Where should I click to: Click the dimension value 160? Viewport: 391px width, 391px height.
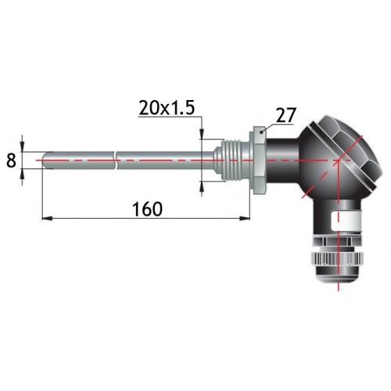pos(148,209)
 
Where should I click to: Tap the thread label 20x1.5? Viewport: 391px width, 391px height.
pos(167,108)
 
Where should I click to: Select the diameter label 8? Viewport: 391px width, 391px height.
pos(11,160)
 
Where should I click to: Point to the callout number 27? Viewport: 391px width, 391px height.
pos(286,115)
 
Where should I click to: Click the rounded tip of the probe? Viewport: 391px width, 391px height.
pos(45,160)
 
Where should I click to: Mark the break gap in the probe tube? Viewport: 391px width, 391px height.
pos(116,160)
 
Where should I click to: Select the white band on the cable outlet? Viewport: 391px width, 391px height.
pos(346,221)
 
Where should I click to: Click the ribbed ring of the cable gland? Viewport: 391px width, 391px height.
pos(336,259)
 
